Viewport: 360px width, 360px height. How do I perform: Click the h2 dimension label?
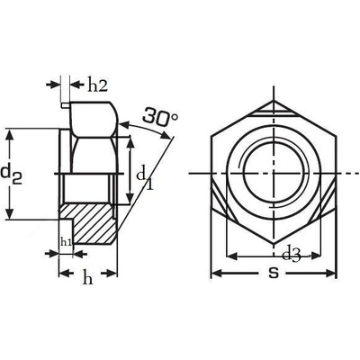[x=97, y=86]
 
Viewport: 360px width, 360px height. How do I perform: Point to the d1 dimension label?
[x=145, y=179]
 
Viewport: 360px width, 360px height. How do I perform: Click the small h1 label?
[x=66, y=241]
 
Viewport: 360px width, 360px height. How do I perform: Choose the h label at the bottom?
[x=87, y=278]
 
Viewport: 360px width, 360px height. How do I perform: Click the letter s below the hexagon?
[x=273, y=273]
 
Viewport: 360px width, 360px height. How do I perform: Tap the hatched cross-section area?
[x=90, y=223]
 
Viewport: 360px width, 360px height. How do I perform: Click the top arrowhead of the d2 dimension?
[x=10, y=135]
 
